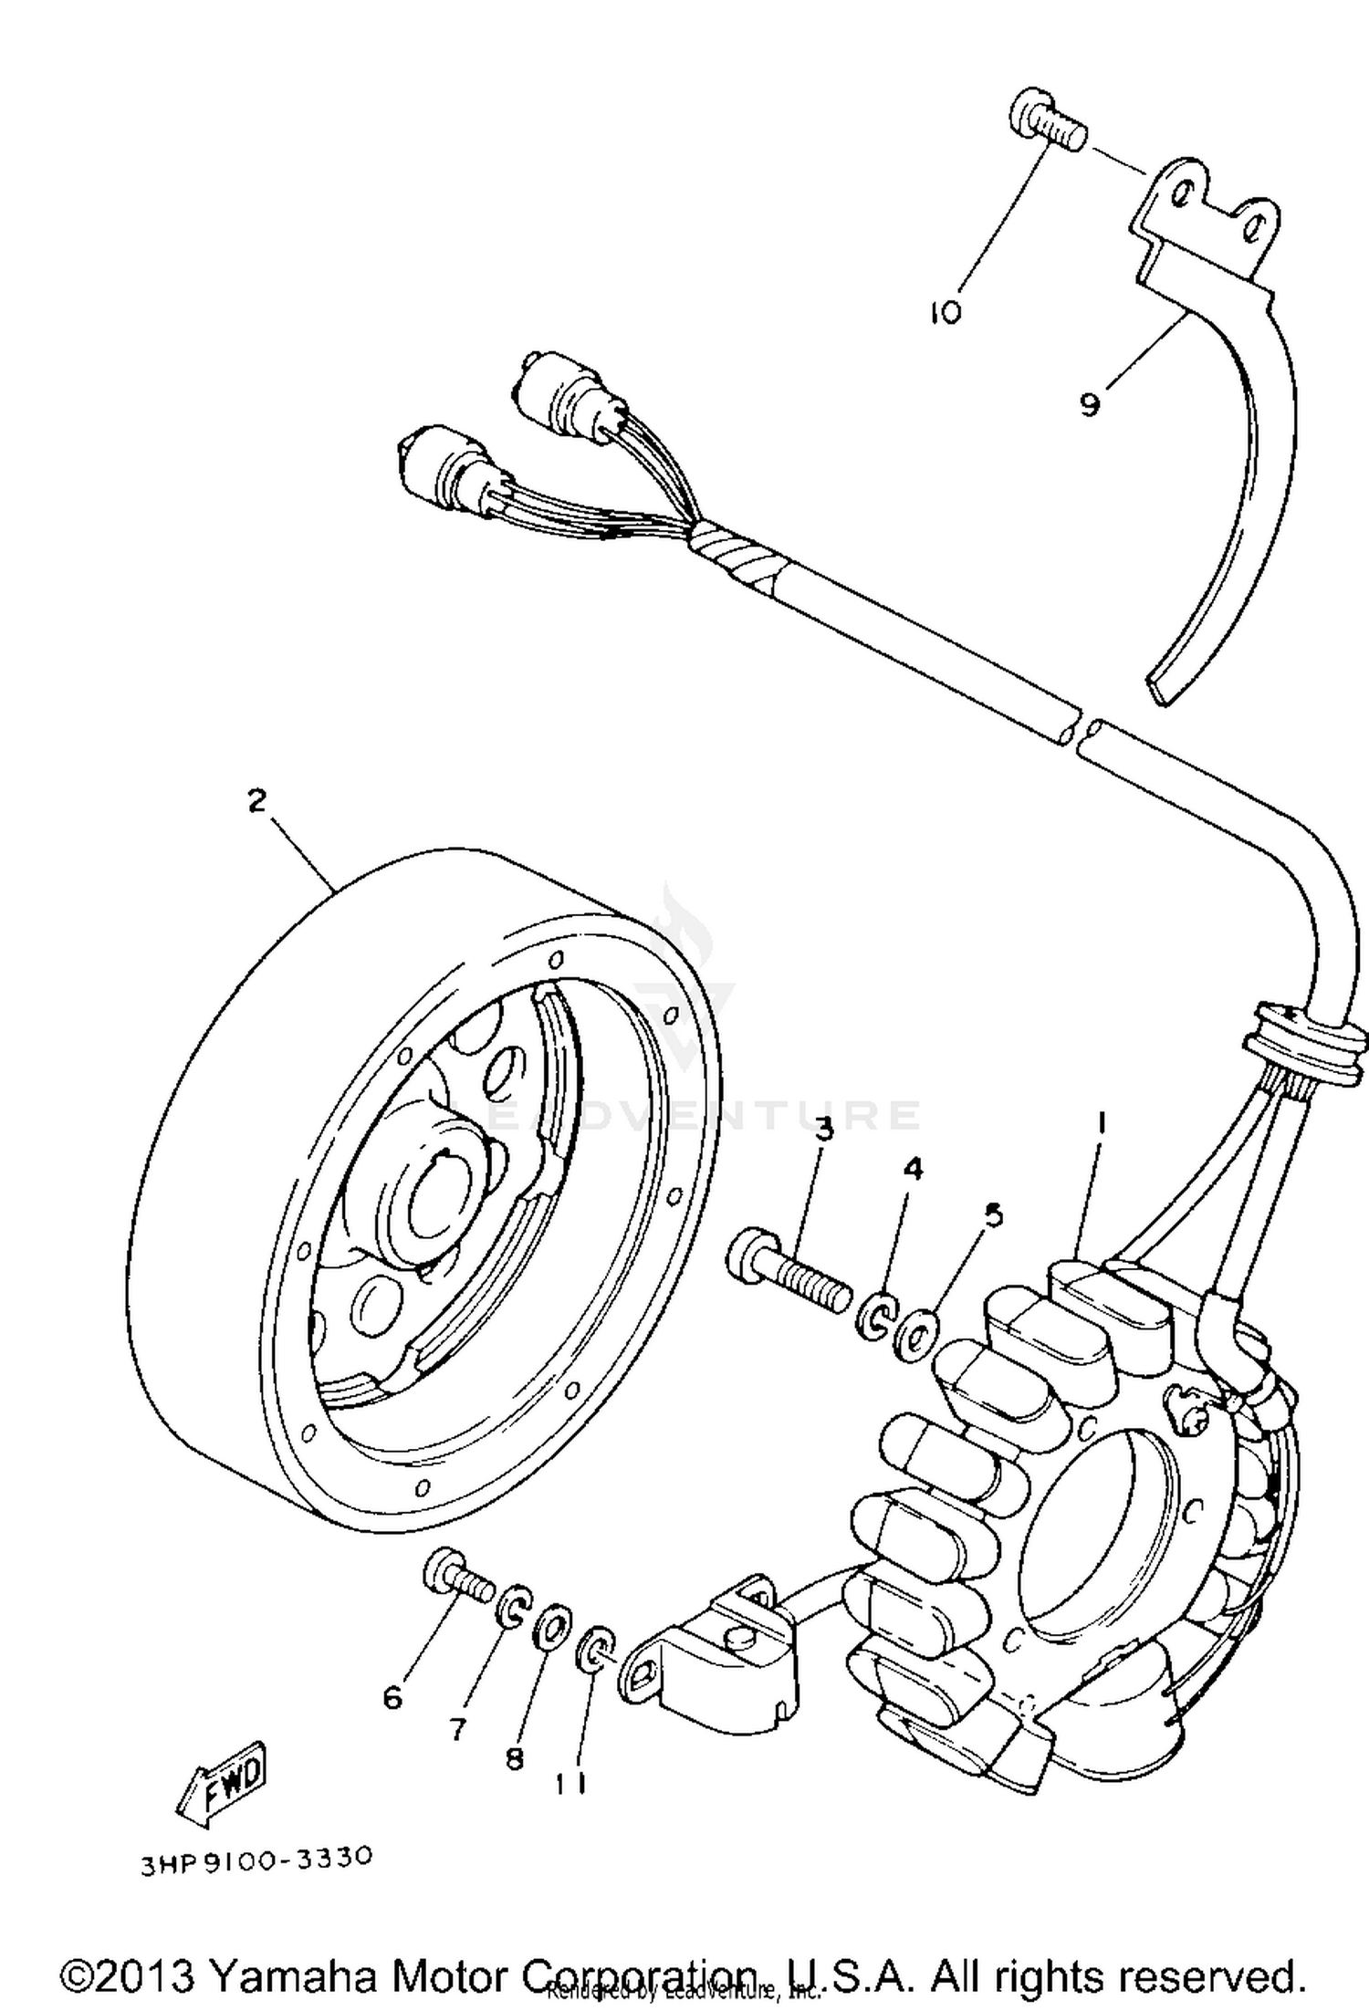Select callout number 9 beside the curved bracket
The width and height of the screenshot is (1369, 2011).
pos(1090,403)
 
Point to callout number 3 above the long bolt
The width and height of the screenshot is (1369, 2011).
pos(824,1130)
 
